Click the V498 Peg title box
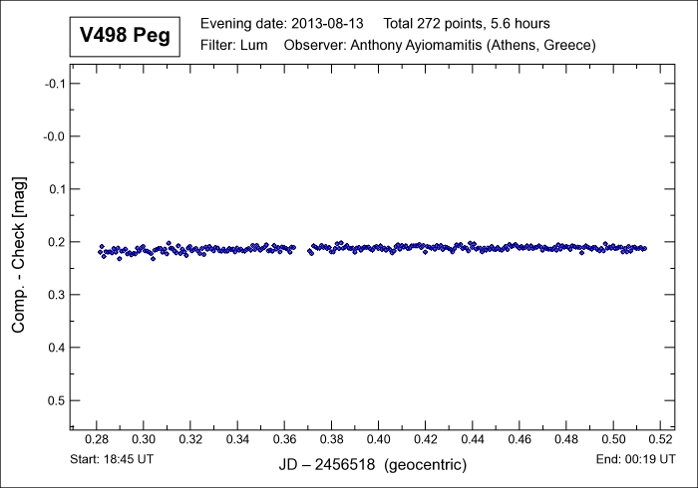point(125,37)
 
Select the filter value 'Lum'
point(253,46)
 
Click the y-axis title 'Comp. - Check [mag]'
point(19,255)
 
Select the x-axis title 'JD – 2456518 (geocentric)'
point(371,465)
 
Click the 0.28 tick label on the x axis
point(97,439)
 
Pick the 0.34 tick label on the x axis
point(237,439)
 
